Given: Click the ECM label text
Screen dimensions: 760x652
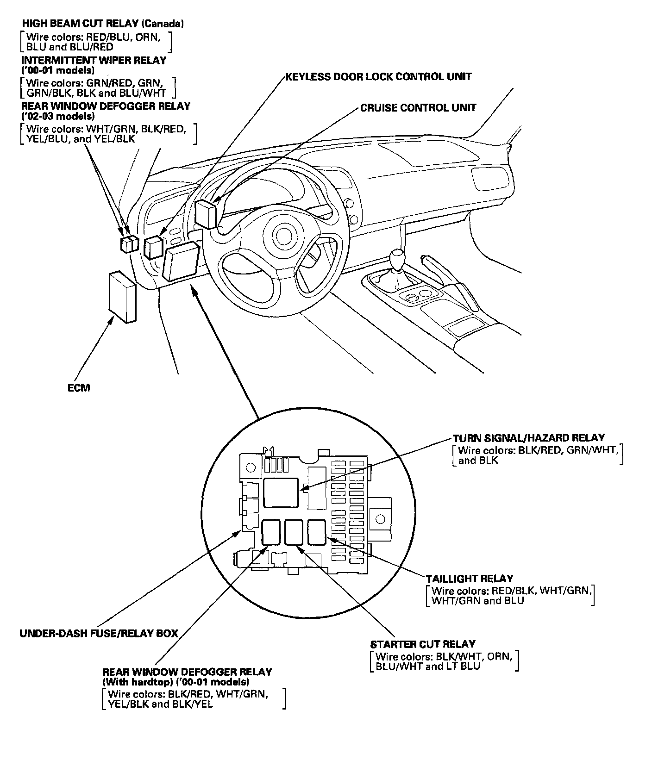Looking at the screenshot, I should pyautogui.click(x=78, y=388).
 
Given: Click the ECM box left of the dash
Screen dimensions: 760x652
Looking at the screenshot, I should pyautogui.click(x=122, y=297).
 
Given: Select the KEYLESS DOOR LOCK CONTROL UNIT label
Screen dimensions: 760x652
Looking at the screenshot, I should pyautogui.click(x=378, y=76).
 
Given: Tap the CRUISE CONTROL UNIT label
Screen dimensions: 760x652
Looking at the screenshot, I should pyautogui.click(x=418, y=108).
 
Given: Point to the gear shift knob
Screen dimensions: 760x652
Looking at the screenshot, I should pyautogui.click(x=398, y=257).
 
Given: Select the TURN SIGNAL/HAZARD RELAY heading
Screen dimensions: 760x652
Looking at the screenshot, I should pyautogui.click(x=529, y=438).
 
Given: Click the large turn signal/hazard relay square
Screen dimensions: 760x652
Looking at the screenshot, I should pyautogui.click(x=281, y=493).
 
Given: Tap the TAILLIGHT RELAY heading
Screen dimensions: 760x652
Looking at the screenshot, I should pyautogui.click(x=470, y=579).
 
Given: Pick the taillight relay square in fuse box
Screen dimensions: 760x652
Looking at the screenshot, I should pyautogui.click(x=317, y=531).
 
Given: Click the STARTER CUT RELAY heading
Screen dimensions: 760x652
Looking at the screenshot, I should pyautogui.click(x=423, y=644).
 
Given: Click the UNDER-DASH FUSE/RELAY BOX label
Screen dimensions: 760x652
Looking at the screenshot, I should pyautogui.click(x=99, y=633).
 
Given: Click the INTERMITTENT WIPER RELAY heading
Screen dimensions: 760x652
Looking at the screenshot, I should pyautogui.click(x=94, y=60).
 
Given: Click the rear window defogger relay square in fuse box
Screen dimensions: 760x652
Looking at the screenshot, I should pyautogui.click(x=271, y=532).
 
